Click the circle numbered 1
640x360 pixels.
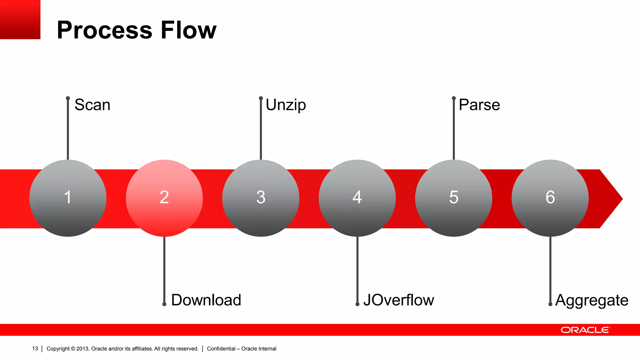(68, 198)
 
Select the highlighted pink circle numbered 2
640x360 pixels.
(164, 198)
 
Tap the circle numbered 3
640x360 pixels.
(261, 198)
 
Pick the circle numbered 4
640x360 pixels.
(357, 198)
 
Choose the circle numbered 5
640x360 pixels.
(454, 198)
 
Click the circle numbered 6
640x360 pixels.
(550, 198)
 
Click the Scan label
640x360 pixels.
(92, 105)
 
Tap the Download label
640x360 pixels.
(206, 300)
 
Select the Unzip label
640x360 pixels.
(286, 105)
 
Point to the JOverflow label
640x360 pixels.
(399, 300)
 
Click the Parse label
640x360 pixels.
(479, 105)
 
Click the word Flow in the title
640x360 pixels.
(188, 30)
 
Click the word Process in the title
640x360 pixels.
(105, 30)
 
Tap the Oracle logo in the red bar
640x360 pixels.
(585, 330)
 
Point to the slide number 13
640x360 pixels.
(35, 348)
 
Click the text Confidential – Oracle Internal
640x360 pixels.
(242, 349)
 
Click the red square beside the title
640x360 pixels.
(20, 19)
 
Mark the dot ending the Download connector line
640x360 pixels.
(164, 304)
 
